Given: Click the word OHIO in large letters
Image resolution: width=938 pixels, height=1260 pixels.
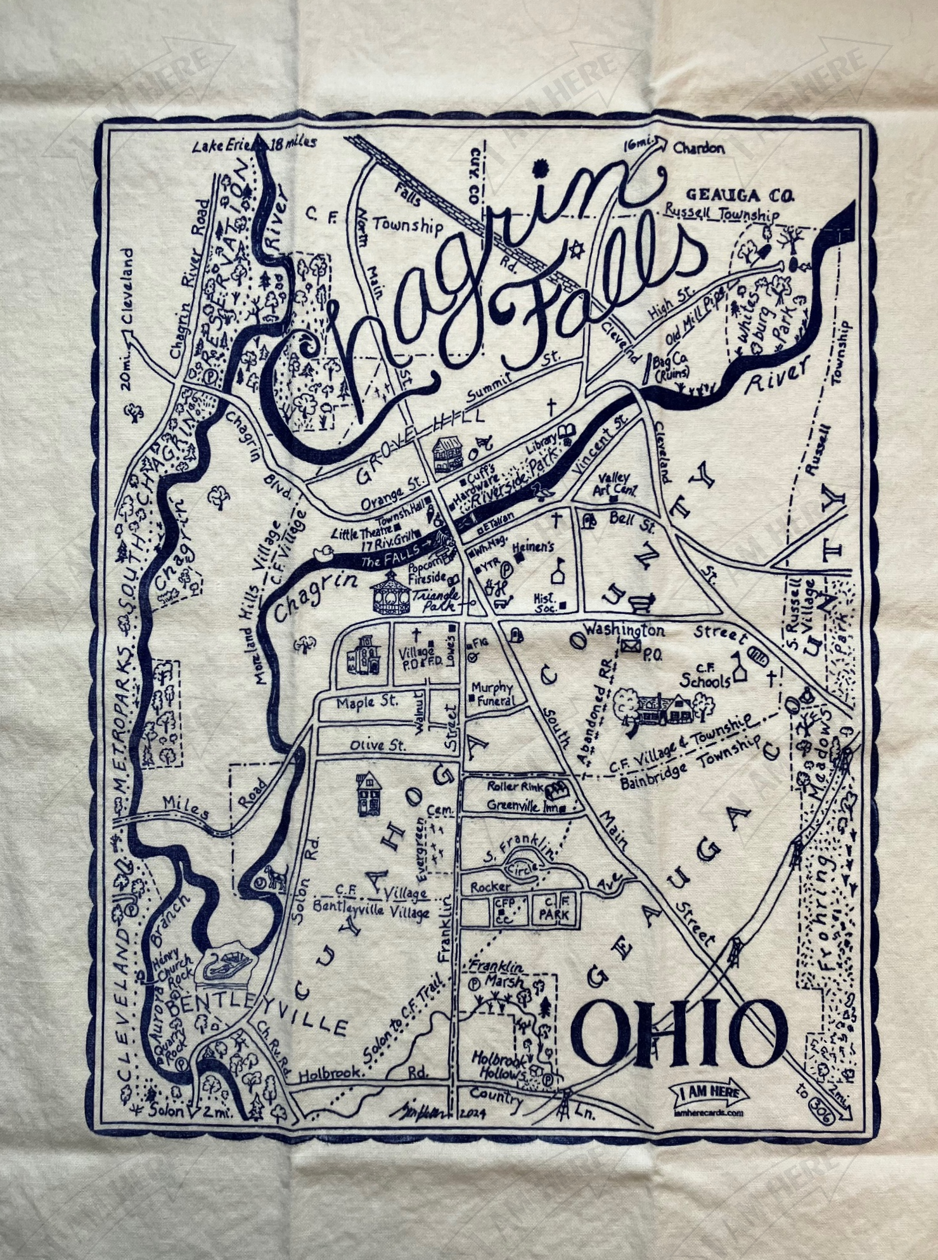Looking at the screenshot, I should (679, 1035).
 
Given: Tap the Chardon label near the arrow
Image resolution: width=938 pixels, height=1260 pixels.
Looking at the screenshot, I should (698, 148).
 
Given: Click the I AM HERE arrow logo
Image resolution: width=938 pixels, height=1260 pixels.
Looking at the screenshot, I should (709, 1093).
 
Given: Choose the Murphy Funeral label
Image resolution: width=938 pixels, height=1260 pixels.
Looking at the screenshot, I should (493, 694).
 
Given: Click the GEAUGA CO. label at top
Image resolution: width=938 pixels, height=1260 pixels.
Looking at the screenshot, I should (740, 195).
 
